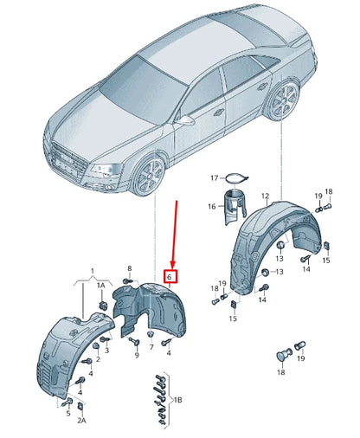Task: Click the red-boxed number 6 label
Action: (170, 276)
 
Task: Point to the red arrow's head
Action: (173, 265)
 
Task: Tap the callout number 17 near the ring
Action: (215, 178)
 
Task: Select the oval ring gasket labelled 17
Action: (237, 178)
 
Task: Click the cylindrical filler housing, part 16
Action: (235, 206)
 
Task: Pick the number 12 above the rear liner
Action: (265, 196)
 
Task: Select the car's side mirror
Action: (184, 120)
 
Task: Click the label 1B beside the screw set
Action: (177, 400)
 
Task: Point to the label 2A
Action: (81, 421)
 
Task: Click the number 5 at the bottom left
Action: (68, 413)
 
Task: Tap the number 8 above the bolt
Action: (130, 268)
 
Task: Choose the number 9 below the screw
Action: (137, 355)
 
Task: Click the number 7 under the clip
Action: (151, 347)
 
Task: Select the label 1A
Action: (101, 286)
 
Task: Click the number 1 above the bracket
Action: (93, 271)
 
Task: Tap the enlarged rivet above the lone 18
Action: (284, 355)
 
